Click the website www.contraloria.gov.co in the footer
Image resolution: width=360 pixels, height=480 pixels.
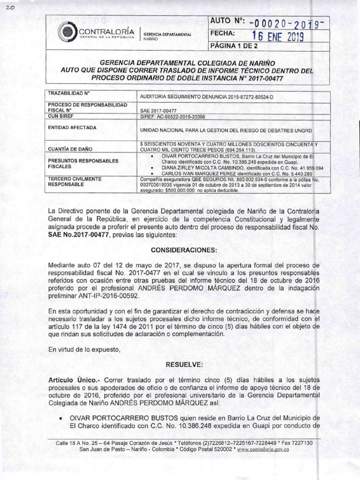263,449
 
